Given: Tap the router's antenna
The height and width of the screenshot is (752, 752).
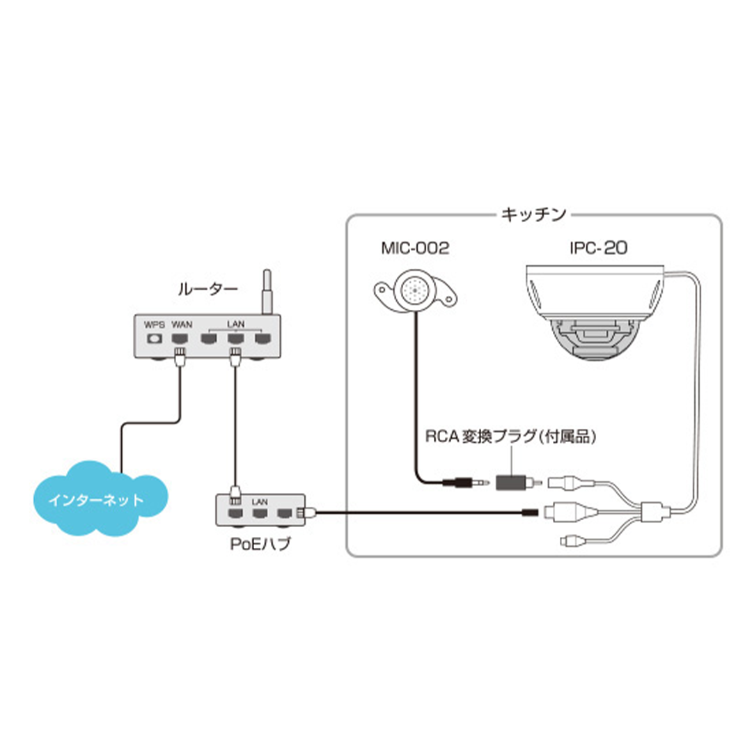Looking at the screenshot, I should pos(265,292).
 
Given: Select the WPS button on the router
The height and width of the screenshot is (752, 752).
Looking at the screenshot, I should pos(152,339).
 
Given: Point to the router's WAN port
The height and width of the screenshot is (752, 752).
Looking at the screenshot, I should pos(180,339).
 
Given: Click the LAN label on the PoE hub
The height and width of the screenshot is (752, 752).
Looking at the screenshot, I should pos(260,501).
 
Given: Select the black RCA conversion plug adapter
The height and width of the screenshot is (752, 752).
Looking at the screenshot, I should pos(512,481).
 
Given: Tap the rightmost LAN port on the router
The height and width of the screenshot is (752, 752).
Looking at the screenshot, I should pos(262,339).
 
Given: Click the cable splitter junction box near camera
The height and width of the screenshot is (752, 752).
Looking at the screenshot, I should pos(654,513).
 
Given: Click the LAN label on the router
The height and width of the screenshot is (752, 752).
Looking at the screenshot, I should pos(235,324).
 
